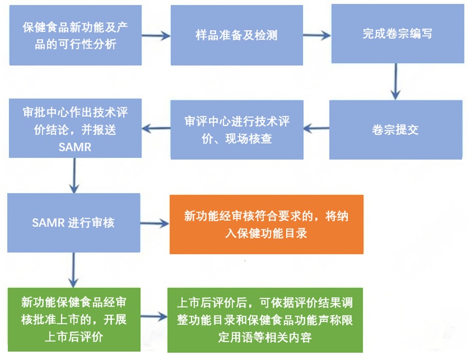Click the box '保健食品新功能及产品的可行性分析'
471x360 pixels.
click(75, 35)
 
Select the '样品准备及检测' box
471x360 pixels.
click(237, 35)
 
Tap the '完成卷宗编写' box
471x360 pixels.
click(396, 34)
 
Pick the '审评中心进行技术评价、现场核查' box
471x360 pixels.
click(237, 130)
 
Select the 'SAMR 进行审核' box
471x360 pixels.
click(74, 223)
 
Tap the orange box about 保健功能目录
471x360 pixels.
click(266, 224)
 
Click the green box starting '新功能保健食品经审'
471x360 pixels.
click(74, 319)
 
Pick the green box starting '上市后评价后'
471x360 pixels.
click(266, 319)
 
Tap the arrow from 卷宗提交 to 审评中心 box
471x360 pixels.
click(317, 129)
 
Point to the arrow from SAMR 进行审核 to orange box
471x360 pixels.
click(155, 224)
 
